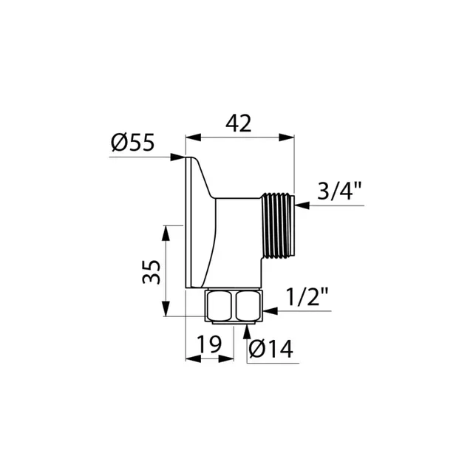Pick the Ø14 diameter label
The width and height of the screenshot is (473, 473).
tap(270, 349)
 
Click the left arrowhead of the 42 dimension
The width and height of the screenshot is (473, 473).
tap(189, 137)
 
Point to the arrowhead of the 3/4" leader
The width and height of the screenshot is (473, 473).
tap(301, 206)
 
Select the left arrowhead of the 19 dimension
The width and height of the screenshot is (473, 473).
tap(189, 360)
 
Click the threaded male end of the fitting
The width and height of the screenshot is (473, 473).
tap(278, 225)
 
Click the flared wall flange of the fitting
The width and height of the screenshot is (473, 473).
tap(195, 222)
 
